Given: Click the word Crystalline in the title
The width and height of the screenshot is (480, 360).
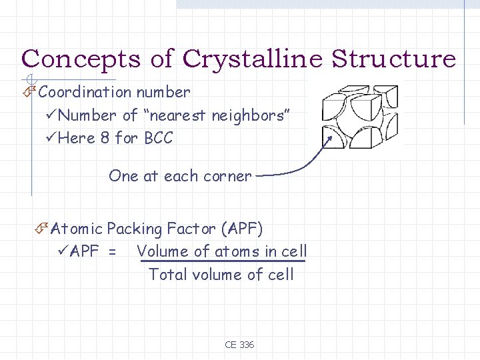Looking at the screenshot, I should pyautogui.click(x=256, y=59).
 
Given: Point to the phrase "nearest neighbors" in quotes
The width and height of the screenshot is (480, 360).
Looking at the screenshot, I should pyautogui.click(x=216, y=115).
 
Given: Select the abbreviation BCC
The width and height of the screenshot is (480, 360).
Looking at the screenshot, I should pyautogui.click(x=158, y=139).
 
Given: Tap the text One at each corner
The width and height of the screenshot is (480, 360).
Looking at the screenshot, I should pyautogui.click(x=180, y=177).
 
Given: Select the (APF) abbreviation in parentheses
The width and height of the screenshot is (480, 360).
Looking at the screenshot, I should pyautogui.click(x=242, y=229).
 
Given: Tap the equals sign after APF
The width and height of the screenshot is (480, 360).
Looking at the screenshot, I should pyautogui.click(x=112, y=252).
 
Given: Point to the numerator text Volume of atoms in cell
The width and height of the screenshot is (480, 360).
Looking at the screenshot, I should pyautogui.click(x=222, y=251).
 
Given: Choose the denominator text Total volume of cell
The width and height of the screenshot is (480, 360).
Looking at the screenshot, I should pyautogui.click(x=221, y=274).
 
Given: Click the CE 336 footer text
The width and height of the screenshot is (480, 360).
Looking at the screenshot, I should pyautogui.click(x=239, y=345).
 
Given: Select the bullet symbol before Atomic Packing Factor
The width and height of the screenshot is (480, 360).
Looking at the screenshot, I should pyautogui.click(x=41, y=229).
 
